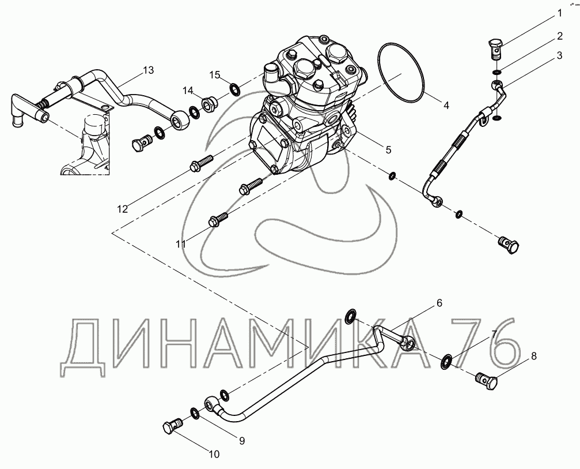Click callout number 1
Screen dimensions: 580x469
(x=559, y=13)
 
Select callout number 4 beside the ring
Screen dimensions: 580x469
(x=446, y=105)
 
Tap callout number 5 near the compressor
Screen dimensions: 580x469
(x=388, y=149)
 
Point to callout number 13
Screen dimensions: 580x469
(x=149, y=70)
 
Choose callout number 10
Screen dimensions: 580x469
(x=214, y=454)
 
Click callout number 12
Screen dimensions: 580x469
(x=123, y=209)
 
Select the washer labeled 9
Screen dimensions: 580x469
(x=195, y=412)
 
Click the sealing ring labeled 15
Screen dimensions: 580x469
(x=234, y=89)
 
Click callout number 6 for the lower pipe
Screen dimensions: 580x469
(x=439, y=303)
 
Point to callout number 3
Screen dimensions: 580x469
(x=559, y=55)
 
